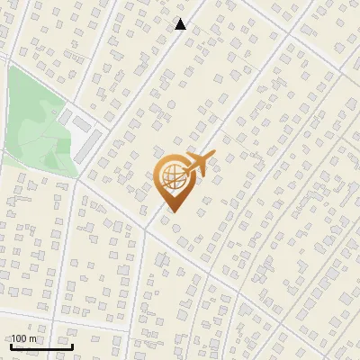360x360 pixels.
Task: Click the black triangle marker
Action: click(x=181, y=24)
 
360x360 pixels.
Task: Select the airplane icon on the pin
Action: click(x=199, y=165)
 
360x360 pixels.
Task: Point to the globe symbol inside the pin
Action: click(x=172, y=177)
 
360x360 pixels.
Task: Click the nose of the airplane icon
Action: click(x=212, y=157)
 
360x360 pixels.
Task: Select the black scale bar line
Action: click(x=40, y=346)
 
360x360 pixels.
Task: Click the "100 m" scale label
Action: click(x=23, y=338)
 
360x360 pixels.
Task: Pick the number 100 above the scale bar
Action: click(x=20, y=338)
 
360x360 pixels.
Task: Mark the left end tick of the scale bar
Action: click(x=10, y=344)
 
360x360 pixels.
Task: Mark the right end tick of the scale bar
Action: click(x=72, y=344)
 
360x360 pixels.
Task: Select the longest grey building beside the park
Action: click(x=88, y=145)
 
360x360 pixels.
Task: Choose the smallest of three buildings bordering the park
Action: click(x=65, y=116)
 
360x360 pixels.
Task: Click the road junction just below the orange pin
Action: click(x=143, y=226)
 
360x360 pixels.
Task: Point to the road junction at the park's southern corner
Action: click(x=76, y=177)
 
